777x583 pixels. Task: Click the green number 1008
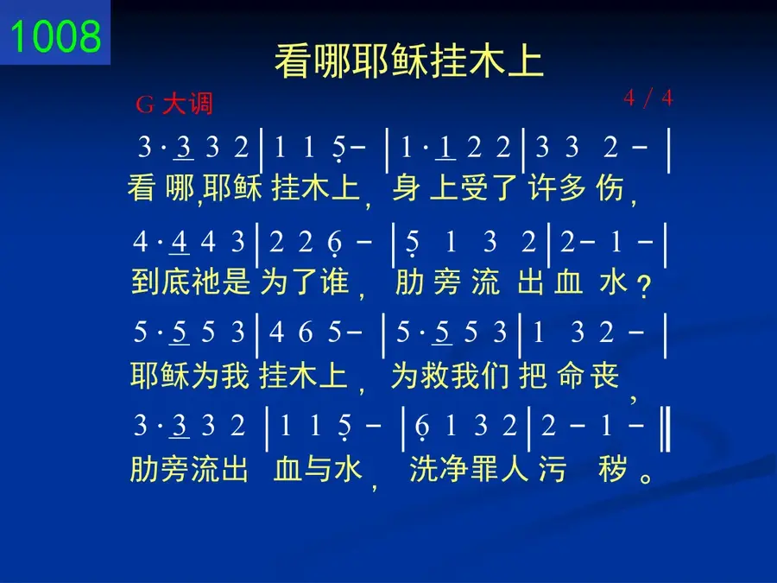pyautogui.click(x=55, y=36)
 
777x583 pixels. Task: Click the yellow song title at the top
pyautogui.click(x=409, y=61)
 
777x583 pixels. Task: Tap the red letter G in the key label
pyautogui.click(x=145, y=105)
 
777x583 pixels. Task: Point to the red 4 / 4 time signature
pyautogui.click(x=648, y=98)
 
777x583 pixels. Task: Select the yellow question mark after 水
pyautogui.click(x=644, y=287)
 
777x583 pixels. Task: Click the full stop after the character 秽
pyautogui.click(x=646, y=478)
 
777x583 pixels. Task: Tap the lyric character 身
pyautogui.click(x=406, y=188)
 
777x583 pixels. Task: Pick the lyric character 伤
pyautogui.click(x=610, y=188)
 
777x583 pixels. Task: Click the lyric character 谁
pyautogui.click(x=334, y=282)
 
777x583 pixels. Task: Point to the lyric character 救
pyautogui.click(x=435, y=376)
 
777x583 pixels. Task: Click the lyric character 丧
pyautogui.click(x=604, y=376)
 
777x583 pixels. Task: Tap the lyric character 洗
pyautogui.click(x=424, y=469)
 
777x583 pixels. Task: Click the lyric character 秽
pyautogui.click(x=613, y=469)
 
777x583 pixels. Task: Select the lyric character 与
pyautogui.click(x=318, y=469)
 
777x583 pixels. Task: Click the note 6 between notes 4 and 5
pyautogui.click(x=306, y=333)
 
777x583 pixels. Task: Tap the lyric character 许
pyautogui.click(x=542, y=188)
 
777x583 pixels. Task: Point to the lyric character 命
pyautogui.click(x=572, y=376)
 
